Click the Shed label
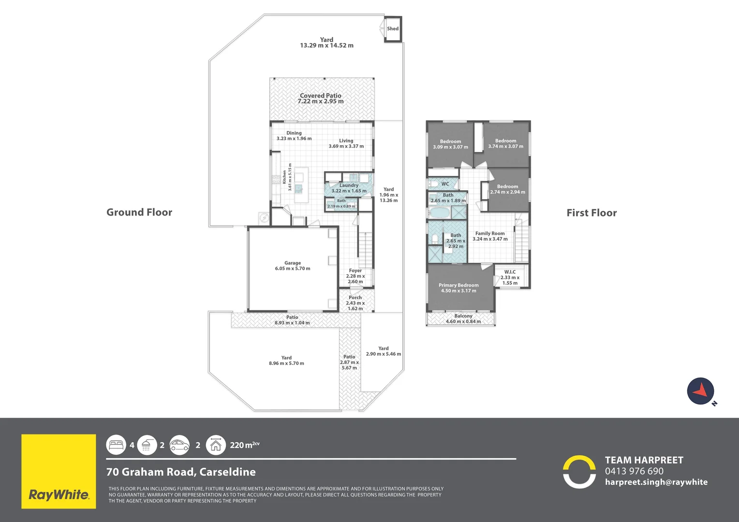(393, 29)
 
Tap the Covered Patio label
(321, 99)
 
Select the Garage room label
(293, 266)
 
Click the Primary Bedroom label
(458, 288)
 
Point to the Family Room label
(490, 236)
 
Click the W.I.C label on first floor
(510, 277)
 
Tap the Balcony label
(463, 319)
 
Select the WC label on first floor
(445, 184)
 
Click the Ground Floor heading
(139, 212)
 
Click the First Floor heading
(591, 213)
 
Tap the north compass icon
(701, 391)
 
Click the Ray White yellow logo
(59, 471)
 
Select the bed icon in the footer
(117, 445)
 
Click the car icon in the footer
(179, 445)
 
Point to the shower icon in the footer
(147, 445)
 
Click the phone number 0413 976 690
(634, 471)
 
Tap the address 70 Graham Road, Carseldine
(181, 472)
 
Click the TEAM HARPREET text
(644, 460)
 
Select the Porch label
(355, 303)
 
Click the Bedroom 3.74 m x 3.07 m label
(505, 144)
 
